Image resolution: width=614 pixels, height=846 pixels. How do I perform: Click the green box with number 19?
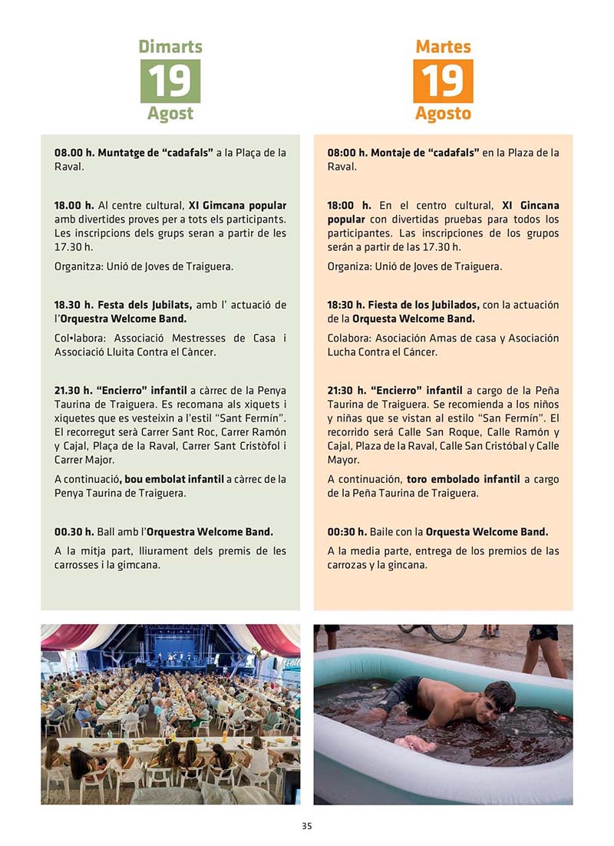point(170,81)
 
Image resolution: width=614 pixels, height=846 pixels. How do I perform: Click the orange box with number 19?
point(443,81)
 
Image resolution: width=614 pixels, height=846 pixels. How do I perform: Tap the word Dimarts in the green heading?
point(170,47)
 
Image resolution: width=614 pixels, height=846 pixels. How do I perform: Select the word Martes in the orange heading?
point(443,47)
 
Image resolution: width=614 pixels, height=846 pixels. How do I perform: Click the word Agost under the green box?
point(170,114)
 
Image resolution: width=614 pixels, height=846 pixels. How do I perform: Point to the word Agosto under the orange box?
point(443,114)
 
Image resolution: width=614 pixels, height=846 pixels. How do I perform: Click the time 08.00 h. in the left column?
point(74,153)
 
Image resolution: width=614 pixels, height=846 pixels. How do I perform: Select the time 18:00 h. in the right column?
point(348,206)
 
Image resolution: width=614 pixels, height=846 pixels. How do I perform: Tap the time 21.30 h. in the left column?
point(74,391)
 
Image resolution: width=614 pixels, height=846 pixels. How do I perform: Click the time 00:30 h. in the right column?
point(348,532)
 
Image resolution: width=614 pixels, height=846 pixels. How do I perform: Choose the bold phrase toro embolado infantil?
point(463,479)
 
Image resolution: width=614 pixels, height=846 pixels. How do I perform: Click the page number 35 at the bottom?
point(306,827)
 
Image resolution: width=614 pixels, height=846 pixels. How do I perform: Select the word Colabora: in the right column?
point(349,339)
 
